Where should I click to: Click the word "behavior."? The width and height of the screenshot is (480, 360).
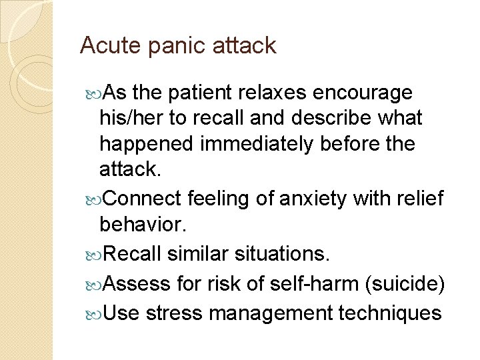coord(141,225)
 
